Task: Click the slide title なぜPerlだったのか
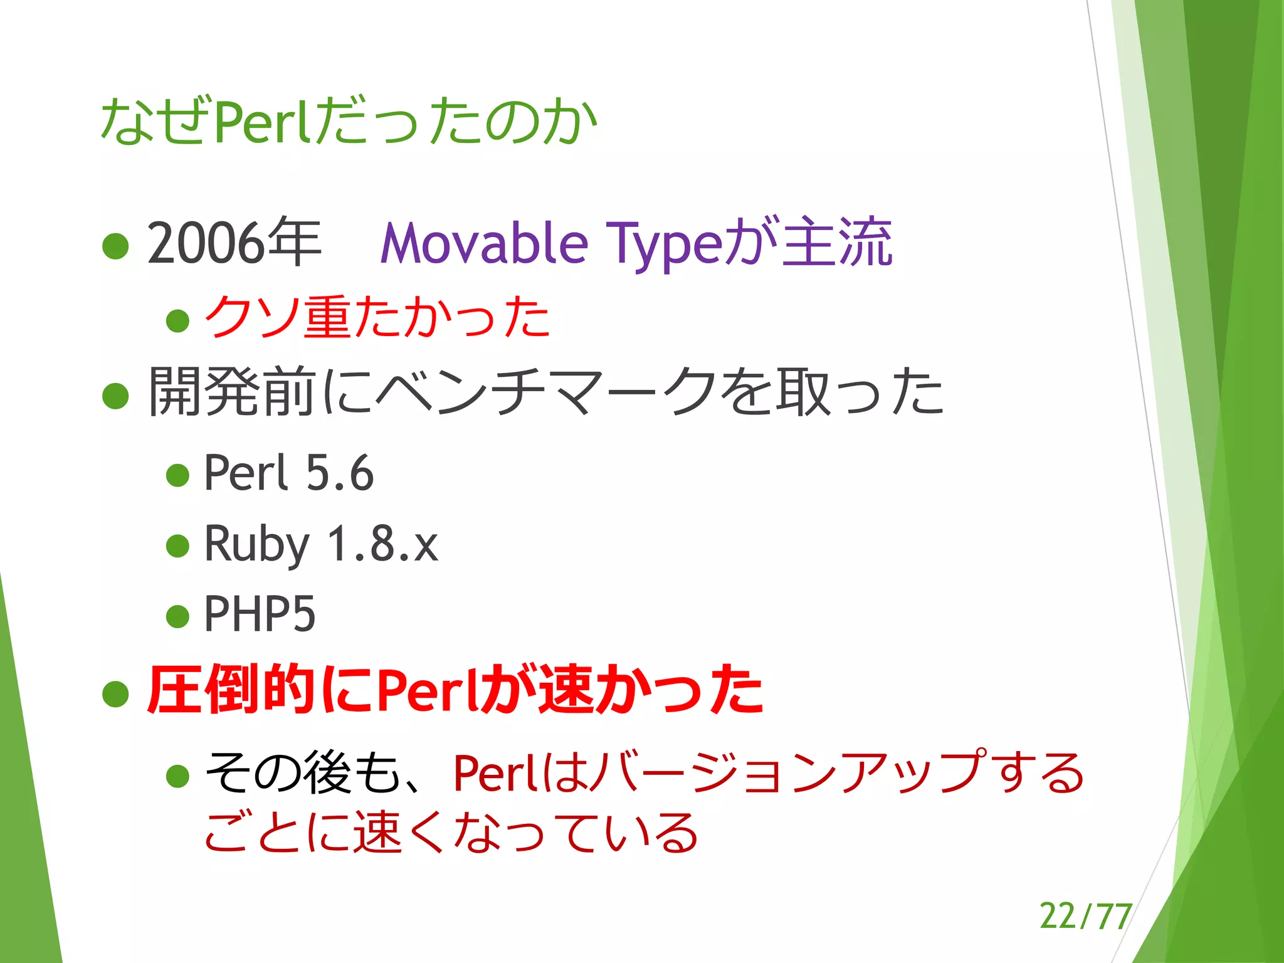pos(349,122)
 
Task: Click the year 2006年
pos(234,243)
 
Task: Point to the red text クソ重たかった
pos(377,318)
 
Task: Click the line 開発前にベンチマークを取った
pos(545,392)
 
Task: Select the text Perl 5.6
pos(289,473)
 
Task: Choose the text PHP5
pos(260,614)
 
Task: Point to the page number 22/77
pos(1085,916)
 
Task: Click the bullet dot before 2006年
pos(115,246)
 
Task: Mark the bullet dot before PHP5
pos(178,616)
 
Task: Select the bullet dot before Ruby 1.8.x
pos(178,545)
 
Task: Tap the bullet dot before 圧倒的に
pos(115,693)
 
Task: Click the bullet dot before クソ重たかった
pos(178,320)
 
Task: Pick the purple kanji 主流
pos(838,243)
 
